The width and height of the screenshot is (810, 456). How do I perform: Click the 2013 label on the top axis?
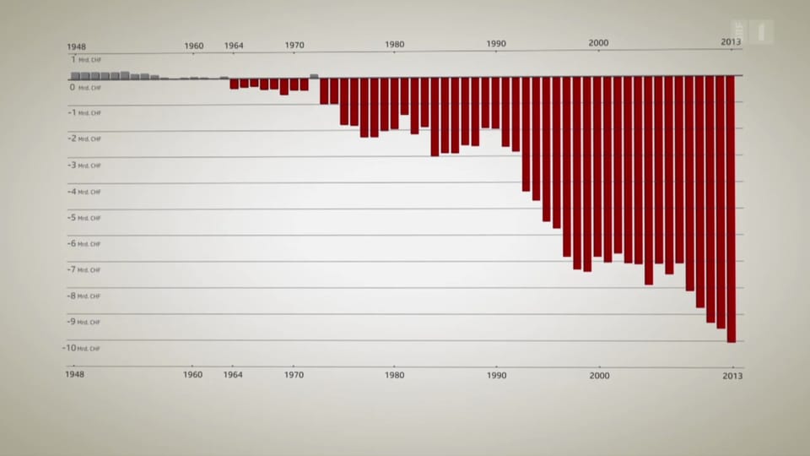click(731, 42)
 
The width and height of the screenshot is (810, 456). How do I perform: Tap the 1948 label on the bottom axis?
click(79, 374)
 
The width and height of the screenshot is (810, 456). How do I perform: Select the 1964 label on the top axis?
click(234, 46)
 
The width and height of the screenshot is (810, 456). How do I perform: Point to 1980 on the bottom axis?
click(394, 374)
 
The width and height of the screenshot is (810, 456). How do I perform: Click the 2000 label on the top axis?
click(598, 42)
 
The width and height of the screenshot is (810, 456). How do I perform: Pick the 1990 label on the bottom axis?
click(496, 374)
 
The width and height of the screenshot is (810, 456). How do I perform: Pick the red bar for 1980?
click(394, 102)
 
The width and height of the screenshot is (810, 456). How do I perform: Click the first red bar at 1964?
click(234, 82)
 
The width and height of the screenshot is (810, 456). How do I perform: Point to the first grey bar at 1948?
click(75, 76)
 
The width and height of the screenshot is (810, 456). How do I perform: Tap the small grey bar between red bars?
click(314, 76)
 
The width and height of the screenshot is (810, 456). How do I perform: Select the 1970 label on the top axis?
click(294, 46)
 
